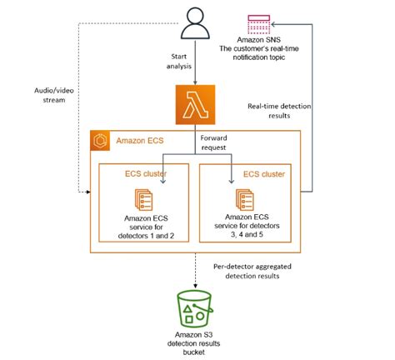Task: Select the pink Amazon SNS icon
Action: (259, 24)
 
